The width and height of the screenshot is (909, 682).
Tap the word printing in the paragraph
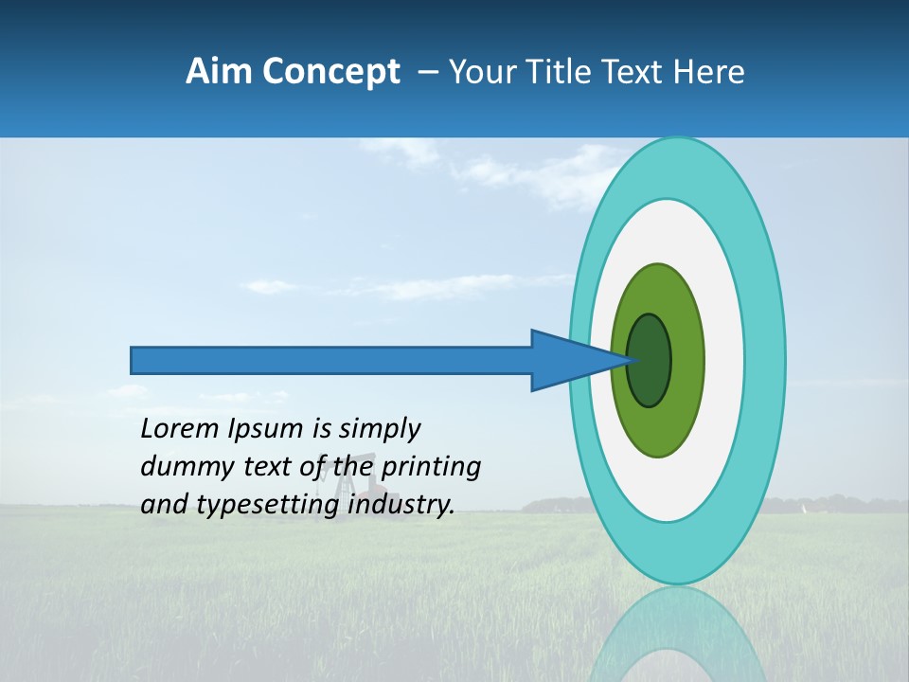tap(431, 467)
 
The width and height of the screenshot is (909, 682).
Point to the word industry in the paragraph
tap(401, 505)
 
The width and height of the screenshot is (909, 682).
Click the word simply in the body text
tap(379, 429)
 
